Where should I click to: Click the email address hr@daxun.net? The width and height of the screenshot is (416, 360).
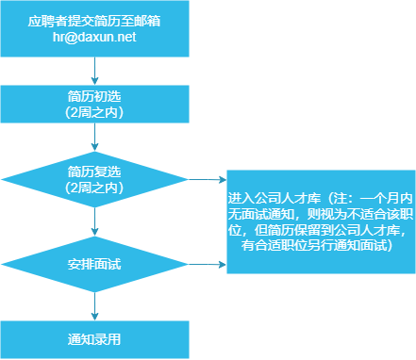(94, 36)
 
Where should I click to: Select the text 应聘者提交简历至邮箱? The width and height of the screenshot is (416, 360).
(94, 21)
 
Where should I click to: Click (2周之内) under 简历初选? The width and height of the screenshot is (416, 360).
(94, 112)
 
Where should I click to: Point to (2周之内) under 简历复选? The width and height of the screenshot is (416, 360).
(94, 188)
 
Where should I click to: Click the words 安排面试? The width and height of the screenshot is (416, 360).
(94, 263)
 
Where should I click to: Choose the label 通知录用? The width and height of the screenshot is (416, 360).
(94, 338)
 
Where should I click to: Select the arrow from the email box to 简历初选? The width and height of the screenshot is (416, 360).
(95, 71)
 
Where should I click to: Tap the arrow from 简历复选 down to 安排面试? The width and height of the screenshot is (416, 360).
(95, 222)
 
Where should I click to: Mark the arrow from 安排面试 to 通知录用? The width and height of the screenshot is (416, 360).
(95, 305)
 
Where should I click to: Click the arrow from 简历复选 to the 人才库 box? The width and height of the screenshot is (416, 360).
(208, 180)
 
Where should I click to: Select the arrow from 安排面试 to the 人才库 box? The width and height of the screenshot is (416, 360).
(208, 263)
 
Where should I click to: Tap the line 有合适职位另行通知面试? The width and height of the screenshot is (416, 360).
(317, 245)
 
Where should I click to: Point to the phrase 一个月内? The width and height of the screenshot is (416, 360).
(381, 201)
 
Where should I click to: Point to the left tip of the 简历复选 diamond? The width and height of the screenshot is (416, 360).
(4, 180)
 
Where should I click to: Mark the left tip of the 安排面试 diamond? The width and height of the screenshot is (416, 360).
(4, 263)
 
